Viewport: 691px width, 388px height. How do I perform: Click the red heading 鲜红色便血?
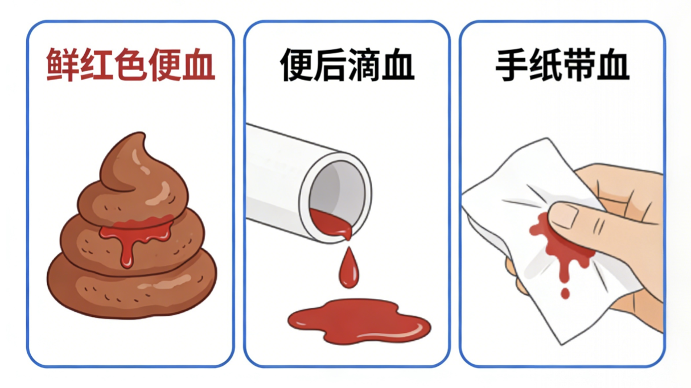pos(130,65)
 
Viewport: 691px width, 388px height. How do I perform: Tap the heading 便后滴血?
pos(347,65)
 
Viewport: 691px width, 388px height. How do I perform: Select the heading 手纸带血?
pos(562,65)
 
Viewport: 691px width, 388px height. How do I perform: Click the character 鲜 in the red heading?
pos(61,65)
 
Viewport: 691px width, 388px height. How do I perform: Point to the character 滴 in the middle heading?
pos(364,65)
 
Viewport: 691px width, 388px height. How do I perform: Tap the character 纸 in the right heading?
pos(545,65)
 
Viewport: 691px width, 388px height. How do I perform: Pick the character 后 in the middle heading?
pos(330,65)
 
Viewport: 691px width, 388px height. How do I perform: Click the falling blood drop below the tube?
pos(349,269)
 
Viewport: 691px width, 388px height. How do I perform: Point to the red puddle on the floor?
pos(359,321)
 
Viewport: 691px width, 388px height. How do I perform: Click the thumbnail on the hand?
pos(563,216)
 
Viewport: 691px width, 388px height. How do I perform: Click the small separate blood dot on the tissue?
pos(565,294)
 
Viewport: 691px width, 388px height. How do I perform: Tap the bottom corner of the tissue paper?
pos(561,344)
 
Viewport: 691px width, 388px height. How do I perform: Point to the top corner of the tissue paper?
pos(547,138)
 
